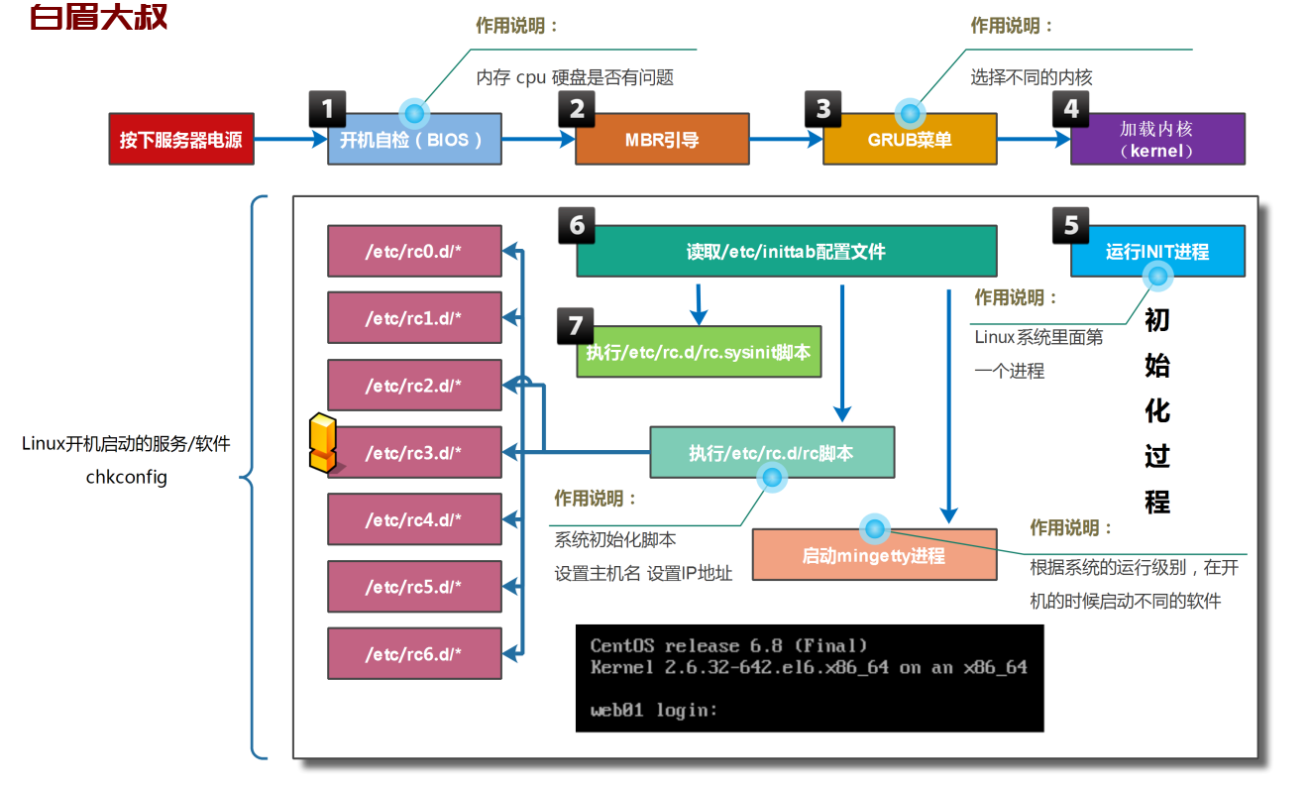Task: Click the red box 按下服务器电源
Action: coord(181,139)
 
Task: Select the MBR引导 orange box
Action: coord(662,139)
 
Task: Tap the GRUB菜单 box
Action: coord(910,139)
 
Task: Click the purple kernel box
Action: coord(1157,139)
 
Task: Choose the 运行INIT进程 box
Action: coord(1157,251)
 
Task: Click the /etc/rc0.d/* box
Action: coord(414,251)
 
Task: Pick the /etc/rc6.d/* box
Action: coord(414,653)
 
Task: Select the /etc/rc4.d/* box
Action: coord(414,519)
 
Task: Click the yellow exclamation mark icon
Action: coord(323,443)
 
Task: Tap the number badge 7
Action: coord(576,326)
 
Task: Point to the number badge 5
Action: coord(1070,225)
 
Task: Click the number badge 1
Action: coord(327,109)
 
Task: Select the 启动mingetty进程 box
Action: coord(874,554)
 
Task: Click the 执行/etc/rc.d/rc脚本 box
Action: coord(772,452)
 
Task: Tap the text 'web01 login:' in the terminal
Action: coord(654,710)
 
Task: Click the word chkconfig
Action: coord(126,478)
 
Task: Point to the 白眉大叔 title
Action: coord(98,17)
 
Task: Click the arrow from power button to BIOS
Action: coord(290,139)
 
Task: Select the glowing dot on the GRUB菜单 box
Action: coord(910,113)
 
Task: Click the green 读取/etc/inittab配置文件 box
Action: coord(787,251)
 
